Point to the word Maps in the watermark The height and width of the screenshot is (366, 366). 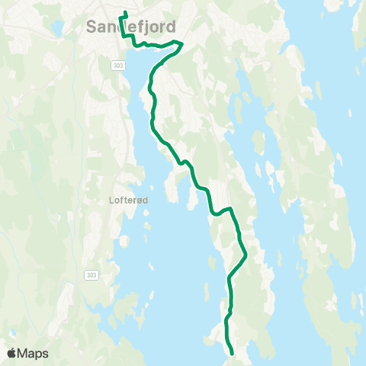tap(34, 353)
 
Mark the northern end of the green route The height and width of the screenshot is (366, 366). tap(124, 12)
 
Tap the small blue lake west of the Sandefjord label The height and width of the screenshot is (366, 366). tap(57, 29)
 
